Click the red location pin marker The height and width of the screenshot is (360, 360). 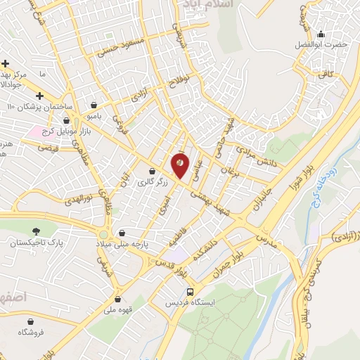180,165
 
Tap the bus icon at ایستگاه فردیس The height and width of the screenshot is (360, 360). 190,292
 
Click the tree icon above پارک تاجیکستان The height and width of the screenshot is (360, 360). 36,231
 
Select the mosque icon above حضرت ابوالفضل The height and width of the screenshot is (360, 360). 321,33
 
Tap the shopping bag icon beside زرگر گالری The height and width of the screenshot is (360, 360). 152,171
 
